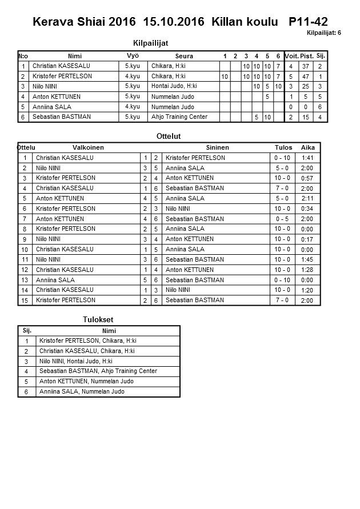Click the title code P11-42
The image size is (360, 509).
tap(308, 22)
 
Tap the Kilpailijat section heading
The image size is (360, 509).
tap(150, 43)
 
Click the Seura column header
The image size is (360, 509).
tap(184, 56)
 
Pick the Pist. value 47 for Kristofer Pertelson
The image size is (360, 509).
tap(306, 77)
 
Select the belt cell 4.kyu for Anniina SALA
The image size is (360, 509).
tap(132, 107)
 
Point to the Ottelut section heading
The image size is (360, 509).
tap(169, 136)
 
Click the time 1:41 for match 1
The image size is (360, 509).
tap(307, 158)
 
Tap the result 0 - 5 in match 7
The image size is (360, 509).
tap(282, 219)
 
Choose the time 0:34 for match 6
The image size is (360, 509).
tap(307, 209)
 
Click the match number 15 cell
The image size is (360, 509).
tap(25, 300)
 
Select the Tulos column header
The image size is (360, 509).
tap(283, 147)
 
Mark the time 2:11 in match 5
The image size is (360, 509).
tap(307, 198)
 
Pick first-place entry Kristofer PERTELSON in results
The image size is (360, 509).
tap(87, 341)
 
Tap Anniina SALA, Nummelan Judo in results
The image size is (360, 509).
tap(82, 392)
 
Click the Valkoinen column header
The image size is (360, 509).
tap(88, 147)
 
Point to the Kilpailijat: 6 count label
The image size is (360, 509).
tap(323, 33)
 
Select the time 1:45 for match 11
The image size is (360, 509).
tap(307, 259)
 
